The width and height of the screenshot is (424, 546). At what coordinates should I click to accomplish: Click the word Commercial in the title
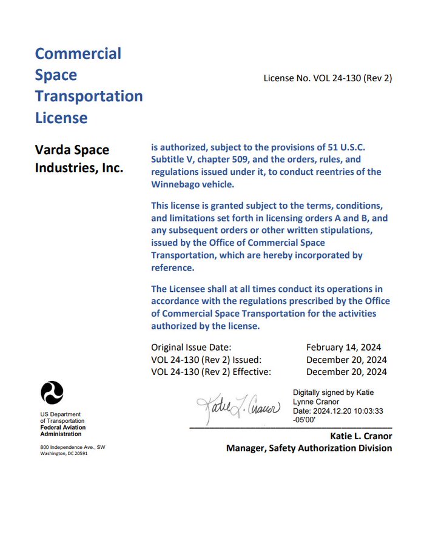pos(78,53)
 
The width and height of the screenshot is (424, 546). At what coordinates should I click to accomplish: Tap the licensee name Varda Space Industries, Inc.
pos(79,158)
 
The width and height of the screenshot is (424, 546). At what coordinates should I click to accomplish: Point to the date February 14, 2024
pos(343,347)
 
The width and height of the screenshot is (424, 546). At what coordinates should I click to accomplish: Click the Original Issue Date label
pos(191,347)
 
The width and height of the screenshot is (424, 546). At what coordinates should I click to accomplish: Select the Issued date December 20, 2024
pos(346,359)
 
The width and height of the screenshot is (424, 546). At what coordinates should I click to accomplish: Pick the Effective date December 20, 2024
pos(346,371)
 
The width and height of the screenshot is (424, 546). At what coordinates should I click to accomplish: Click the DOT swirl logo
pos(52,393)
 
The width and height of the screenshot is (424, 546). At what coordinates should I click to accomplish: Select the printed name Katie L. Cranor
pos(361,436)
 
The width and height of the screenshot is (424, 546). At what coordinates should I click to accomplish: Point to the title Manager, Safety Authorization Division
pos(309,448)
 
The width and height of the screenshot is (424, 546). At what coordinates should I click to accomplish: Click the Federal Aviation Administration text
pos(62,431)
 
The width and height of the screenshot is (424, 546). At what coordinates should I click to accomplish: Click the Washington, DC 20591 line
pos(64,453)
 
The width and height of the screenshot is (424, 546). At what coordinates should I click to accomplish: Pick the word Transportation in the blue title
pos(89,96)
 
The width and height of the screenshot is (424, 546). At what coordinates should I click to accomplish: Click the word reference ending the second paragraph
pos(172,268)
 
